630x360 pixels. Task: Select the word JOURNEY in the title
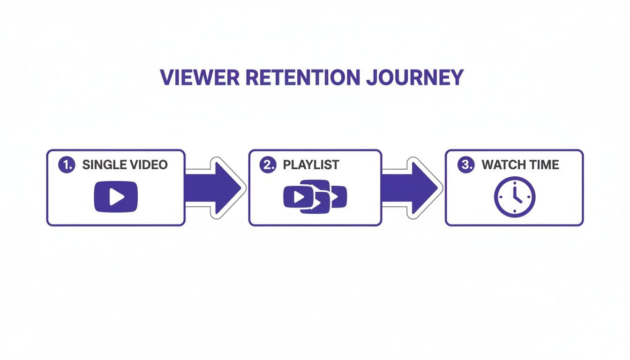[x=414, y=77]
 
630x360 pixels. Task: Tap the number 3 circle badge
[x=465, y=165]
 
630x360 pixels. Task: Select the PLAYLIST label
[x=311, y=165]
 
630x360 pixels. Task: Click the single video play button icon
[x=116, y=196]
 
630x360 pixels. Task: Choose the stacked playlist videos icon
[x=315, y=196]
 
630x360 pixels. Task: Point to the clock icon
[x=514, y=196]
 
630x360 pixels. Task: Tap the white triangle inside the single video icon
[x=116, y=197]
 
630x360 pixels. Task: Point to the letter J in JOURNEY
[x=371, y=78]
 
